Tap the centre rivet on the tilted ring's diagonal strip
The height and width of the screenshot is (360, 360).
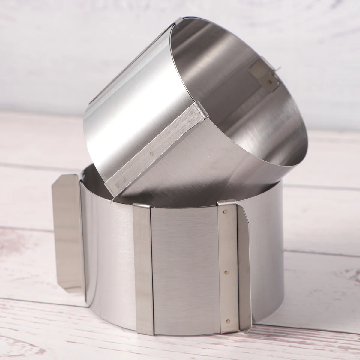[x=151, y=154]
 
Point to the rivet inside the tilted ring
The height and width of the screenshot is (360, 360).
[x=271, y=81]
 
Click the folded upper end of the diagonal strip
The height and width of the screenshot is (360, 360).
[x=200, y=108]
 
